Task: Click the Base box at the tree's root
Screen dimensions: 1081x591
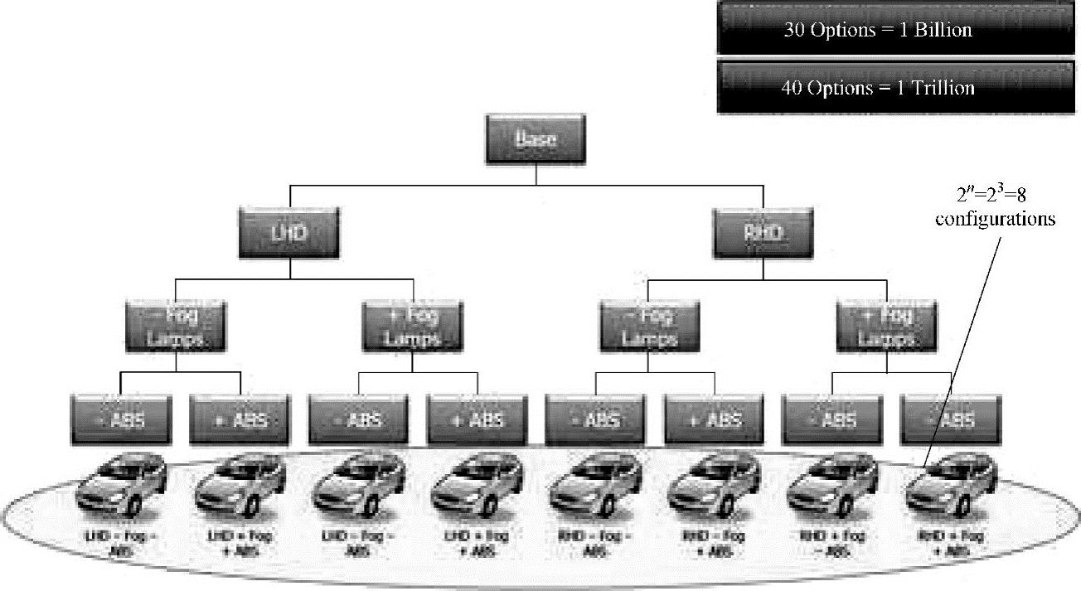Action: (x=536, y=139)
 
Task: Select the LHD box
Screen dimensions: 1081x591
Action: (x=289, y=233)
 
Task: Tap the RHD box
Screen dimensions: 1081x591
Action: (x=763, y=233)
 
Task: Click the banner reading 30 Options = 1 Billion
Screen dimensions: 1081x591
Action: (x=877, y=30)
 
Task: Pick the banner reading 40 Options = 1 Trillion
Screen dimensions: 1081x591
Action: (x=877, y=87)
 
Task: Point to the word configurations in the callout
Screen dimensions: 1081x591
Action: (x=995, y=220)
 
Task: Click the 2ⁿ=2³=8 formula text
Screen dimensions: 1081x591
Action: (x=992, y=196)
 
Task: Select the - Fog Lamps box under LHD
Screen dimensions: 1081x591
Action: (x=176, y=327)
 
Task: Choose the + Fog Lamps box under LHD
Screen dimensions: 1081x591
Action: (x=413, y=327)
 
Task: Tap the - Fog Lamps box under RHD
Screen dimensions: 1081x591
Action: (x=650, y=327)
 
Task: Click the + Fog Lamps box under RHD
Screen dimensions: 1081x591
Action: (x=887, y=327)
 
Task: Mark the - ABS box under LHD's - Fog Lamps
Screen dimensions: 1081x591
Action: (x=121, y=420)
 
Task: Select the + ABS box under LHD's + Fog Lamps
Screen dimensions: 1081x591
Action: (x=477, y=420)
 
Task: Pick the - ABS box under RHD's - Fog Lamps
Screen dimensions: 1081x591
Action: (x=595, y=420)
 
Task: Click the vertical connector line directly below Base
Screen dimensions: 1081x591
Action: (x=536, y=175)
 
